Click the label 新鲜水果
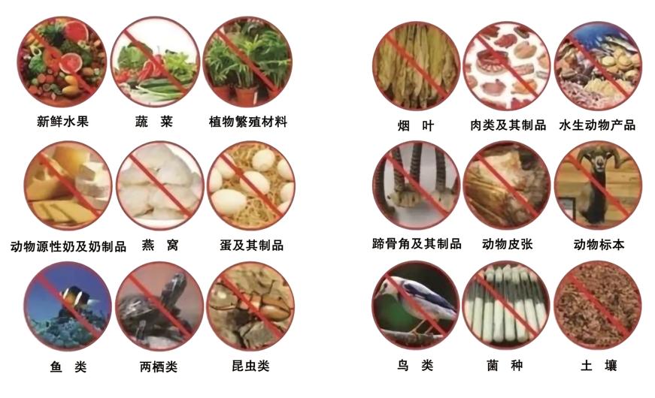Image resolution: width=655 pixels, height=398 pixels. (x=62, y=122)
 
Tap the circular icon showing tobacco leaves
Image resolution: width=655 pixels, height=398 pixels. (x=416, y=65)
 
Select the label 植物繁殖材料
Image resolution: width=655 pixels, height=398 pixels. (x=248, y=122)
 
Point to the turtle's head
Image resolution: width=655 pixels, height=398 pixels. (x=175, y=285)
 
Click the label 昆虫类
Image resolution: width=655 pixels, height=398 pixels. (x=250, y=366)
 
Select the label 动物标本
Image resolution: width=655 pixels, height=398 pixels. (x=599, y=244)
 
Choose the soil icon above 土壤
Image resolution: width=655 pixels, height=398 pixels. (x=598, y=305)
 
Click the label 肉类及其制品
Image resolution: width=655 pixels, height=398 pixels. (x=508, y=125)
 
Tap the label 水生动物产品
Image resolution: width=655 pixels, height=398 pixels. (x=597, y=125)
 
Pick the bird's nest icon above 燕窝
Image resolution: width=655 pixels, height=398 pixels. (x=160, y=185)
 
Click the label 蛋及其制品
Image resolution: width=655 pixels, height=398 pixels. (x=252, y=245)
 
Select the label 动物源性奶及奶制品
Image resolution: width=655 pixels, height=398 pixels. (x=68, y=246)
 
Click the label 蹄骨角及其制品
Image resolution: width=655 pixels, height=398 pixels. (x=417, y=243)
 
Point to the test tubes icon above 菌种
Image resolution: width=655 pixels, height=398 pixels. (x=506, y=305)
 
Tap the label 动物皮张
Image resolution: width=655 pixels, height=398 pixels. (x=508, y=243)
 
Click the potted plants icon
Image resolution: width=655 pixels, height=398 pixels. (x=247, y=62)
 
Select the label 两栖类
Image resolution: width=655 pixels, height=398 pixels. (x=159, y=366)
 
